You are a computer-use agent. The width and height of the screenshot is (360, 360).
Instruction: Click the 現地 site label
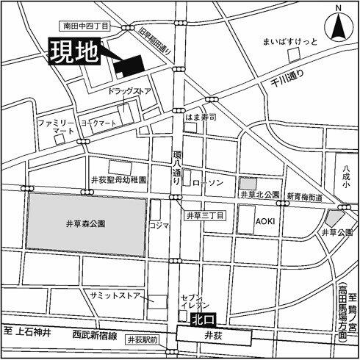[73, 54]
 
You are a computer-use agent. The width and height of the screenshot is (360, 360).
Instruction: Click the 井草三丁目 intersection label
[204, 215]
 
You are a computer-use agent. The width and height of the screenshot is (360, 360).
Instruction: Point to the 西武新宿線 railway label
[92, 334]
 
